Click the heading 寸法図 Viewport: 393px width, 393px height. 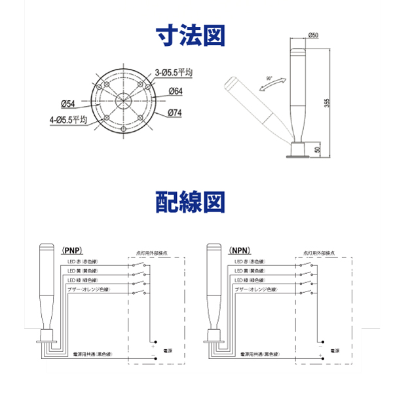pyautogui.click(x=196, y=37)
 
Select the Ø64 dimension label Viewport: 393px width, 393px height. pyautogui.click(x=175, y=92)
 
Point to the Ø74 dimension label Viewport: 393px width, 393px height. pyautogui.click(x=175, y=113)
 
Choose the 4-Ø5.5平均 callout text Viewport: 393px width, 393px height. pyautogui.click(x=68, y=120)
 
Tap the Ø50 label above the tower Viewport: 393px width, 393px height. pyautogui.click(x=313, y=35)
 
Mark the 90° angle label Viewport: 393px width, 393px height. pyautogui.click(x=269, y=78)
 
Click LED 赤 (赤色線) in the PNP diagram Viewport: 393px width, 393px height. pyautogui.click(x=83, y=262)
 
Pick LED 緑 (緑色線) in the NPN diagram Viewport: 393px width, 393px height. pyautogui.click(x=250, y=280)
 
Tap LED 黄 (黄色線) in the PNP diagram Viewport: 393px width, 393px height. pyautogui.click(x=83, y=271)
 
